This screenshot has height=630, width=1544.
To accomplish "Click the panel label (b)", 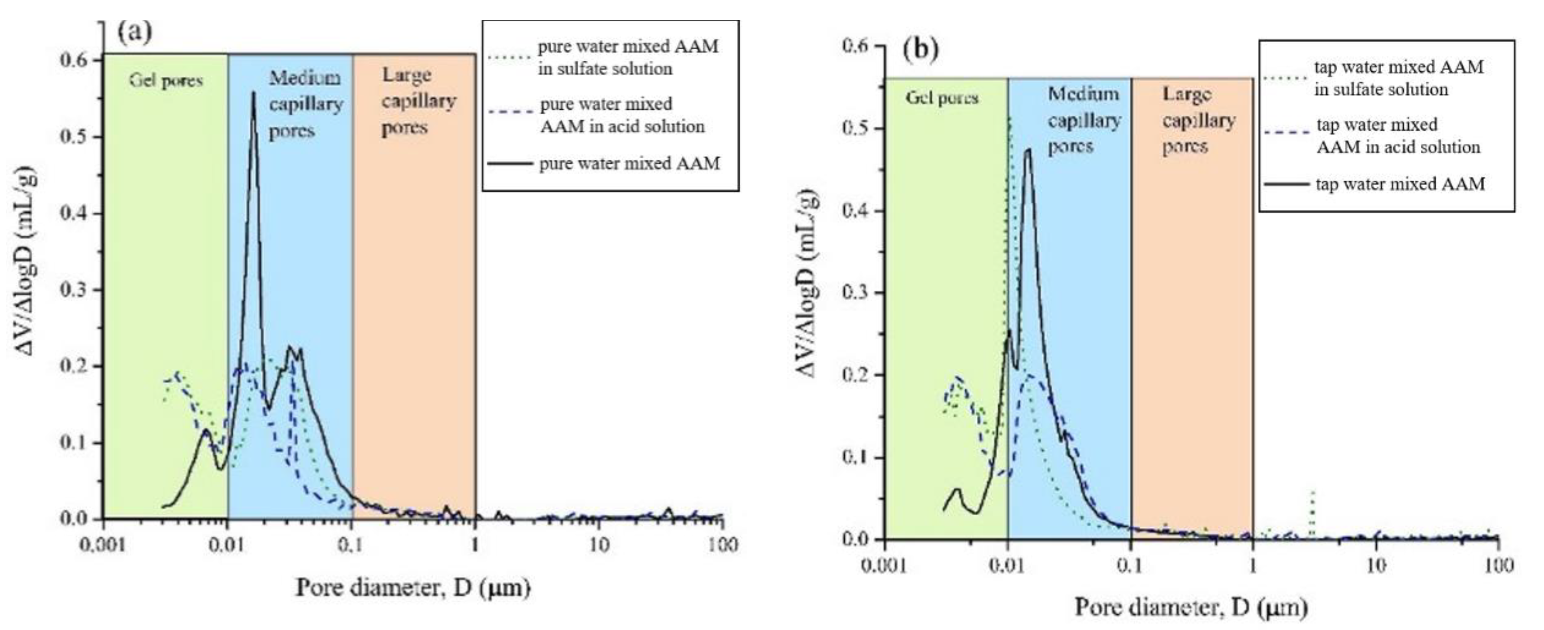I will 920,50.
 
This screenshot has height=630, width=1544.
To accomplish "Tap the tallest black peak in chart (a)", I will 253,93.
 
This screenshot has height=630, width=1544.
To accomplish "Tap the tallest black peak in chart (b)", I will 1028,150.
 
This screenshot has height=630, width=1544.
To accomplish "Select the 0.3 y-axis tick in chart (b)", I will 855,292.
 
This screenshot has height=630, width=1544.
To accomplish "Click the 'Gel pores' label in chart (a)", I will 166,81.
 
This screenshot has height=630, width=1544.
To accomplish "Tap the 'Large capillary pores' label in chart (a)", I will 418,101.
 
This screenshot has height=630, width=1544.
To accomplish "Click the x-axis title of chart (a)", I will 413,588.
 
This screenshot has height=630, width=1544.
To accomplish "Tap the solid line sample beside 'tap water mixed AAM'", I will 1286,184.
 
